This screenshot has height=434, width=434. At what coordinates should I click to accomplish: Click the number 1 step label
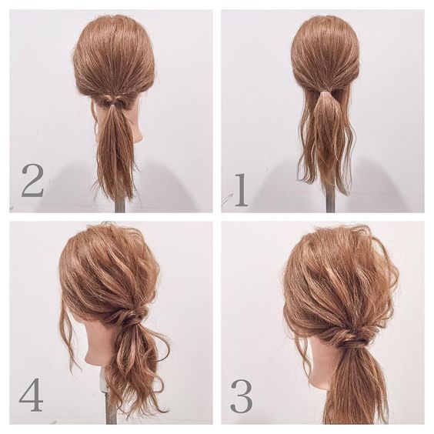(x=242, y=190)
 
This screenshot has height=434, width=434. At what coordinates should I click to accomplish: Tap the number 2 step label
(x=32, y=181)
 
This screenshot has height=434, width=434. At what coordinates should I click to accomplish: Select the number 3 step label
(x=242, y=396)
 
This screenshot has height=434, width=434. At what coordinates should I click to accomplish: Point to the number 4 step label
(x=32, y=394)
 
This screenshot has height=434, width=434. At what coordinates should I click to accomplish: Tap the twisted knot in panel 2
(x=114, y=102)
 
